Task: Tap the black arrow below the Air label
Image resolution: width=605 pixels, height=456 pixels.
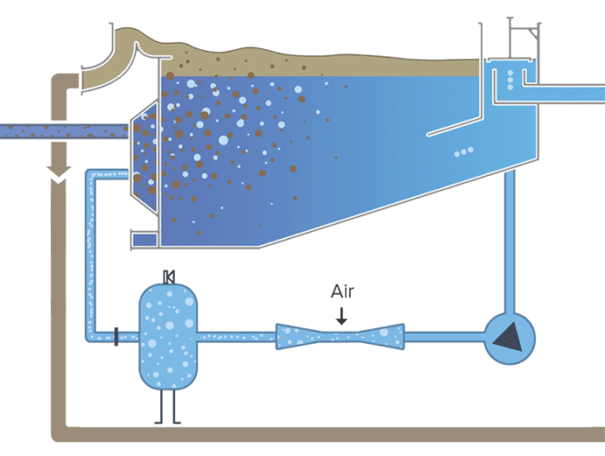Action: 341,316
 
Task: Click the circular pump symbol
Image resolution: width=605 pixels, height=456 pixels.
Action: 508,338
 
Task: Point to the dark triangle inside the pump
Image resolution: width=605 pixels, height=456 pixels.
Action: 507,338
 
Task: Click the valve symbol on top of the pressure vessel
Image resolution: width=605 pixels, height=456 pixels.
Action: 167,275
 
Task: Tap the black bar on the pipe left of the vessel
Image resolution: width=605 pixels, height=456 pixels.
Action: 116,337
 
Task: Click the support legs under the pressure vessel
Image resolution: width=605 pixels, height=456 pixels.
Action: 167,408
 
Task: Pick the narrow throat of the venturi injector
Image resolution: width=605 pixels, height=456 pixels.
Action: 341,337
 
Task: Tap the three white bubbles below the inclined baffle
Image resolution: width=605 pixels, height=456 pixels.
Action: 464,151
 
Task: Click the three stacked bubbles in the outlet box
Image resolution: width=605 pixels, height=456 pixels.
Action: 509,78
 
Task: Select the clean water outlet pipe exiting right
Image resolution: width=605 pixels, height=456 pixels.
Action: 569,93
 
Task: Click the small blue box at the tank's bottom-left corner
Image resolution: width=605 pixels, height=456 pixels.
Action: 144,240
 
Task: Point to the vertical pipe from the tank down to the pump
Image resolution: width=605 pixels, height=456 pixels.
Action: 509,237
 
